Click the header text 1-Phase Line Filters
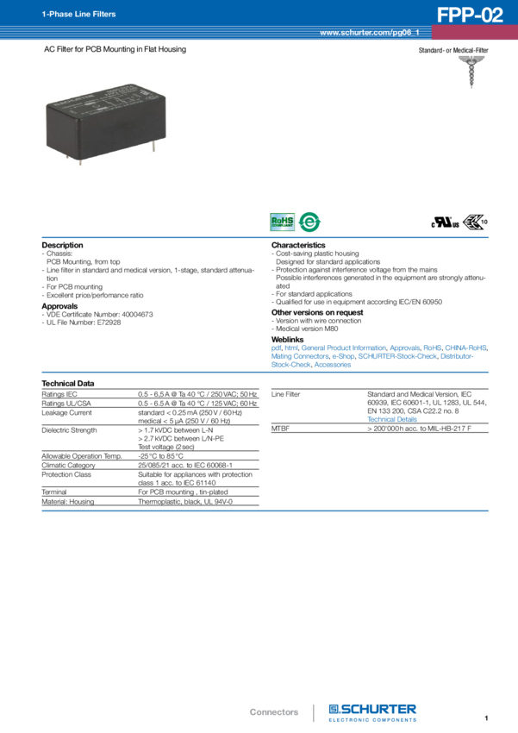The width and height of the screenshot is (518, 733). (67, 15)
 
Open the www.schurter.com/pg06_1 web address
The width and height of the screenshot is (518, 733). (369, 33)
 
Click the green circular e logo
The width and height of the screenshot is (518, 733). (309, 222)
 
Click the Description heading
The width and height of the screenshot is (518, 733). (63, 245)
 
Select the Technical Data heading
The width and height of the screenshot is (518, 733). (68, 382)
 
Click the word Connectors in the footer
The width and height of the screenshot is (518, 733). (273, 712)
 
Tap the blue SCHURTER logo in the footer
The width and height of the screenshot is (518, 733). (373, 711)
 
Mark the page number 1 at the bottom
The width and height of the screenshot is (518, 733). (486, 717)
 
